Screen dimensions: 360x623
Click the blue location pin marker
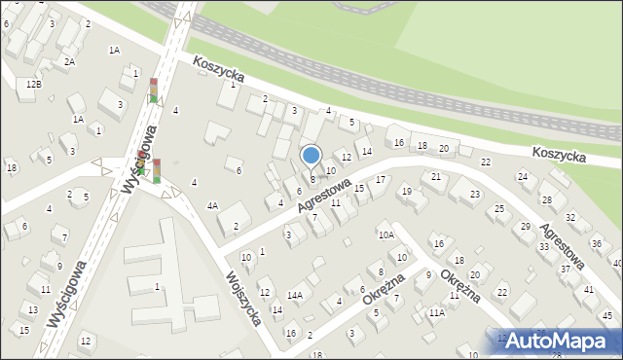pyautogui.click(x=311, y=157)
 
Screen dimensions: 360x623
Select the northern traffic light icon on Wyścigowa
pyautogui.click(x=154, y=90)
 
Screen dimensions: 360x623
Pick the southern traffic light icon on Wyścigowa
pyautogui.click(x=156, y=170)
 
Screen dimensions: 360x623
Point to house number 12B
pyautogui.click(x=34, y=85)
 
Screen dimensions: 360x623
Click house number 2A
pyautogui.click(x=69, y=61)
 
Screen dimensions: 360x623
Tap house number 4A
pyautogui.click(x=212, y=205)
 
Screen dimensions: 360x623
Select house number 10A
pyautogui.click(x=386, y=234)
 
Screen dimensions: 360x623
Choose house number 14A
pyautogui.click(x=295, y=295)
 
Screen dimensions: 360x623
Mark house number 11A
pyautogui.click(x=437, y=312)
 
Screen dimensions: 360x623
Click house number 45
pyautogui.click(x=607, y=315)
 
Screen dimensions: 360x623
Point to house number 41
pyautogui.click(x=589, y=290)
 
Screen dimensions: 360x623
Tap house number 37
pyautogui.click(x=565, y=269)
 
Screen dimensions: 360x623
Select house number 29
pyautogui.click(x=527, y=226)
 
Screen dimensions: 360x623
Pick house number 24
pyautogui.click(x=523, y=176)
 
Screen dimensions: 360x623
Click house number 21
pyautogui.click(x=436, y=176)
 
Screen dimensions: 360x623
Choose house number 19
pyautogui.click(x=407, y=191)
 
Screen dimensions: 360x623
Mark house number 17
pyautogui.click(x=381, y=180)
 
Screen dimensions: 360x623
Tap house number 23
pyautogui.click(x=474, y=195)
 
